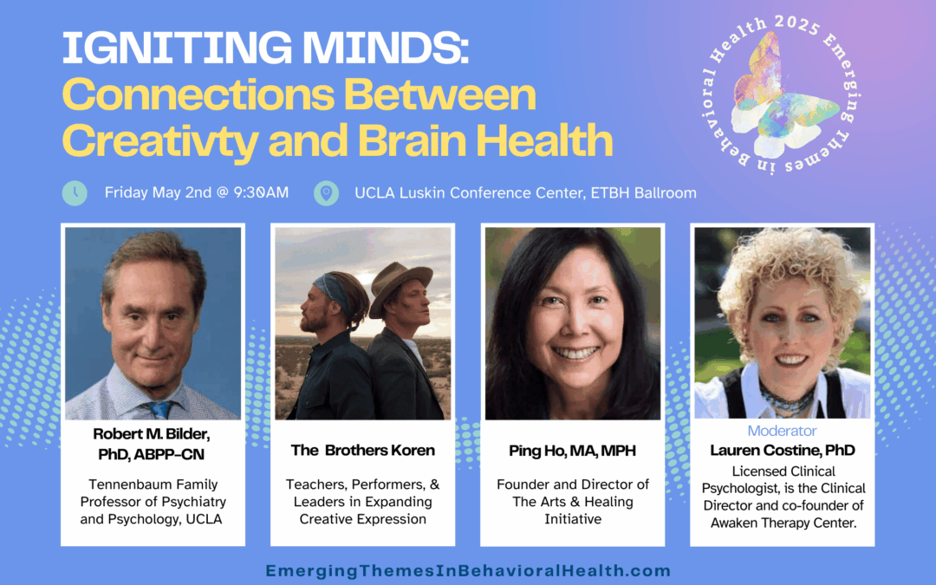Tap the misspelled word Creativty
[x=160, y=141]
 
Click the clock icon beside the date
[x=75, y=192]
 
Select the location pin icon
[x=326, y=192]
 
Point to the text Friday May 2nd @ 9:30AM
[x=197, y=192]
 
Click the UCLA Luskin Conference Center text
[x=468, y=192]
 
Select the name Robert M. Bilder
[x=152, y=434]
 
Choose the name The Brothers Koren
[x=363, y=450]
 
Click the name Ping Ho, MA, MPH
[x=573, y=451]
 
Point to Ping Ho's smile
[x=575, y=354]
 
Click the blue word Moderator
[x=782, y=431]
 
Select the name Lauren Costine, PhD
[x=783, y=450]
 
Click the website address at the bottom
[x=468, y=570]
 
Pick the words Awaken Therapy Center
[x=783, y=523]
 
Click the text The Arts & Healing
[x=573, y=502]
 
